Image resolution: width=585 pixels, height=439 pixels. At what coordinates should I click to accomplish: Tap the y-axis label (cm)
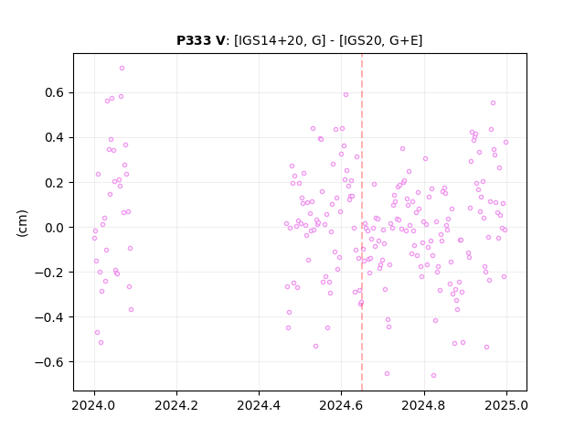(x=22, y=223)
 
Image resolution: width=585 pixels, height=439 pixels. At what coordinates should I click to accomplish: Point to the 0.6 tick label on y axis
(x=54, y=92)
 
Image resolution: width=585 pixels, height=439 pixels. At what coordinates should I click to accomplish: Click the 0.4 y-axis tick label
(x=54, y=137)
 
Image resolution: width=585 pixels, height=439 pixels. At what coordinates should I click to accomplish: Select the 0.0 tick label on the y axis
(x=54, y=228)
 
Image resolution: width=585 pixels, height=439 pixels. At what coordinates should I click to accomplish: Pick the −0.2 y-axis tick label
(x=49, y=273)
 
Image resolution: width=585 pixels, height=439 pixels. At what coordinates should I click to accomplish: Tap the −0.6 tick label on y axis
(x=49, y=362)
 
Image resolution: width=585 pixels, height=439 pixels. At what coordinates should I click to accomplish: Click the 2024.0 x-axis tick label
(x=94, y=405)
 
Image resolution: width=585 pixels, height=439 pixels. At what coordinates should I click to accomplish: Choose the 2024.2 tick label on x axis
(x=176, y=405)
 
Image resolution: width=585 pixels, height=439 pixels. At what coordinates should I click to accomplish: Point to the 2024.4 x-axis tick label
(x=259, y=405)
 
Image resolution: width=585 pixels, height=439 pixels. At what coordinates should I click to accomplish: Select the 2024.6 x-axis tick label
(x=341, y=405)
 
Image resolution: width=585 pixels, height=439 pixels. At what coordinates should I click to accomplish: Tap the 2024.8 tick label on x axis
(x=424, y=405)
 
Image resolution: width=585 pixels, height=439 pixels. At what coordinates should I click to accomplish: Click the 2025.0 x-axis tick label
(x=506, y=405)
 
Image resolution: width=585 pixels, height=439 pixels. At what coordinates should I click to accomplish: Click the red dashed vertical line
(x=362, y=222)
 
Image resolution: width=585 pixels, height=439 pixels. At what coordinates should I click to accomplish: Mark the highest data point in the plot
(x=122, y=69)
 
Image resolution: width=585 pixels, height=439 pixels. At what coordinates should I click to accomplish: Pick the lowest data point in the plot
(x=433, y=376)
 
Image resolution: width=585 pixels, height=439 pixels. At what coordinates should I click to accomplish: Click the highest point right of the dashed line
(x=493, y=103)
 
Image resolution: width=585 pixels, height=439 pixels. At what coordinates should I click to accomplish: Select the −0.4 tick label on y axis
(x=49, y=317)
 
